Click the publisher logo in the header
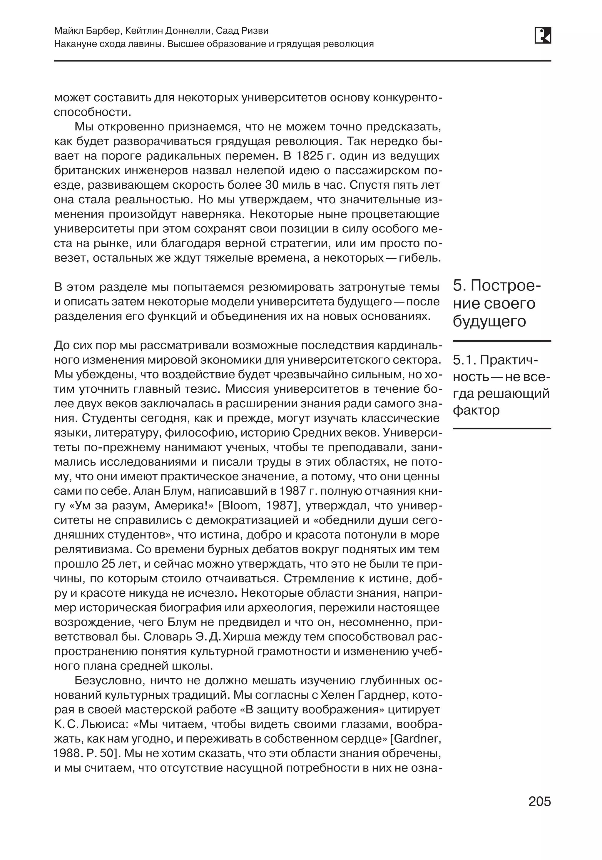point(543,36)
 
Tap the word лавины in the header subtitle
point(147,44)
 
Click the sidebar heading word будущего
point(489,321)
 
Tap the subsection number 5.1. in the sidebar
point(464,360)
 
